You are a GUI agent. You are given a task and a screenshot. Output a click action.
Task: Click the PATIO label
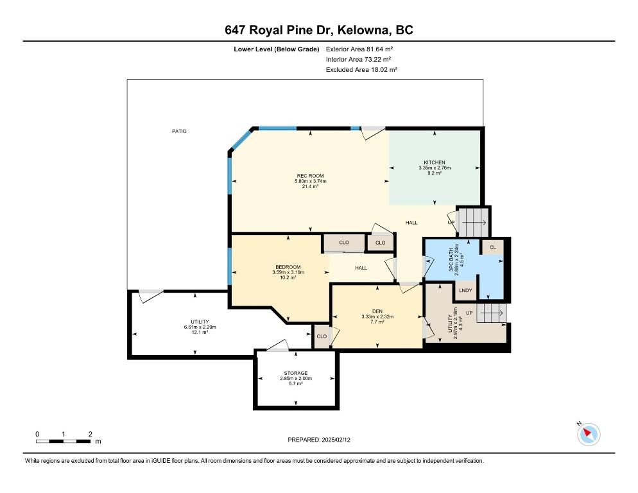click(179, 131)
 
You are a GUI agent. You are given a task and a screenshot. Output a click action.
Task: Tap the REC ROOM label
click(311, 176)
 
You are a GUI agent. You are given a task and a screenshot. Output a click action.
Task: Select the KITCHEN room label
click(435, 162)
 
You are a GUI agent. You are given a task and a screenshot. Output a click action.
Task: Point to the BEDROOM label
click(288, 267)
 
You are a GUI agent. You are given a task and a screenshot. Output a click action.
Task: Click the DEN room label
click(377, 311)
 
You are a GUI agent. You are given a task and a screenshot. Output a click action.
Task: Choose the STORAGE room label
click(296, 373)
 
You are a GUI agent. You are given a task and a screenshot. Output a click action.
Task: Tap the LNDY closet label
click(465, 290)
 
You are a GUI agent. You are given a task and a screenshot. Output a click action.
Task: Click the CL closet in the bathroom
click(493, 247)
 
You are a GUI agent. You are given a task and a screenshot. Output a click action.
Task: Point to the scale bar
click(63, 441)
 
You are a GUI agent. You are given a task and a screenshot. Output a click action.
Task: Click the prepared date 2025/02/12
click(336, 440)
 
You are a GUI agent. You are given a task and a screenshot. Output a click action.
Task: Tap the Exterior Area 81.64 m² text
click(359, 49)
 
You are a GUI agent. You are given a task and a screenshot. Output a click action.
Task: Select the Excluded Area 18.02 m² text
click(361, 69)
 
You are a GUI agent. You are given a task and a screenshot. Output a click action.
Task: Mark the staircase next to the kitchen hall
click(473, 222)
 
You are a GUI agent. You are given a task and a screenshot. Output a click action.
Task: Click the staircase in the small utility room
click(492, 313)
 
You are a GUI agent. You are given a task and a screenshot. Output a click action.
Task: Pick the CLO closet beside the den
click(322, 336)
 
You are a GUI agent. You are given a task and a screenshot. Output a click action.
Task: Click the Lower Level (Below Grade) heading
click(276, 49)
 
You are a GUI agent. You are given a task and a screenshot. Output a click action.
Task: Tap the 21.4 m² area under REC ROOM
click(310, 186)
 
